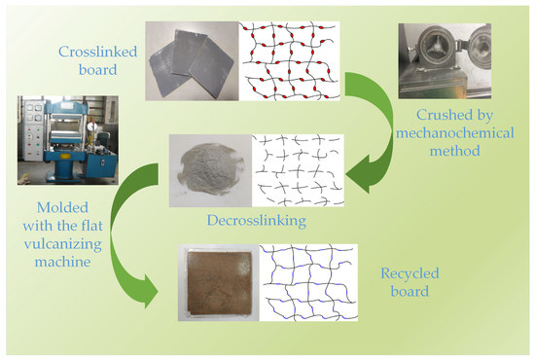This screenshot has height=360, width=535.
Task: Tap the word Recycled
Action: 406,273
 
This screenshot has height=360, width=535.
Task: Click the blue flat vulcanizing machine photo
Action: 54,138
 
